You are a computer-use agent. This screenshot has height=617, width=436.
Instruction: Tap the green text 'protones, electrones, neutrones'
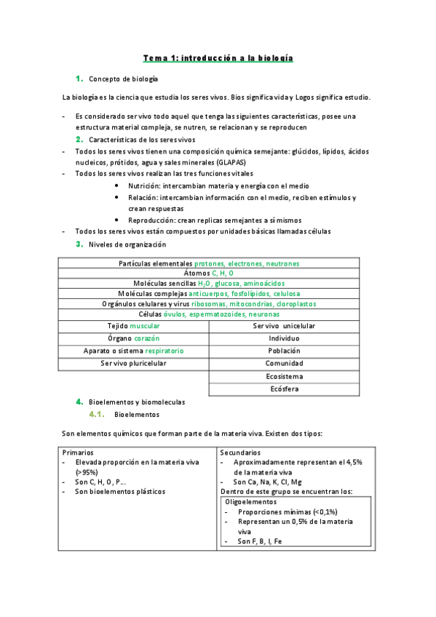(x=247, y=263)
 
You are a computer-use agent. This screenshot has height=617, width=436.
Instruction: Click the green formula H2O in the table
(x=203, y=283)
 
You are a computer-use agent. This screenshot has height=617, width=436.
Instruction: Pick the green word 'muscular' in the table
(x=145, y=327)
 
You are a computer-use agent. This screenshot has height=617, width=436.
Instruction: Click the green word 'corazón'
(x=146, y=339)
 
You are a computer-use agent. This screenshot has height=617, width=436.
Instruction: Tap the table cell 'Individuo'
(x=284, y=339)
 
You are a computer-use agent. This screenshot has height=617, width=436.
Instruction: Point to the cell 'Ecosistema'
(x=284, y=377)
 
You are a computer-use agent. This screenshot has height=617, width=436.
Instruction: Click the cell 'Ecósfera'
(x=284, y=389)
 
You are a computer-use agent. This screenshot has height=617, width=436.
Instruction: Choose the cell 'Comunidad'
(x=284, y=363)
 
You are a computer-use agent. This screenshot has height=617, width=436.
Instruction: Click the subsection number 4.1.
(x=98, y=415)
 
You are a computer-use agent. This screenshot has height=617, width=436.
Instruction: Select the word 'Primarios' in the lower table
(x=78, y=452)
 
